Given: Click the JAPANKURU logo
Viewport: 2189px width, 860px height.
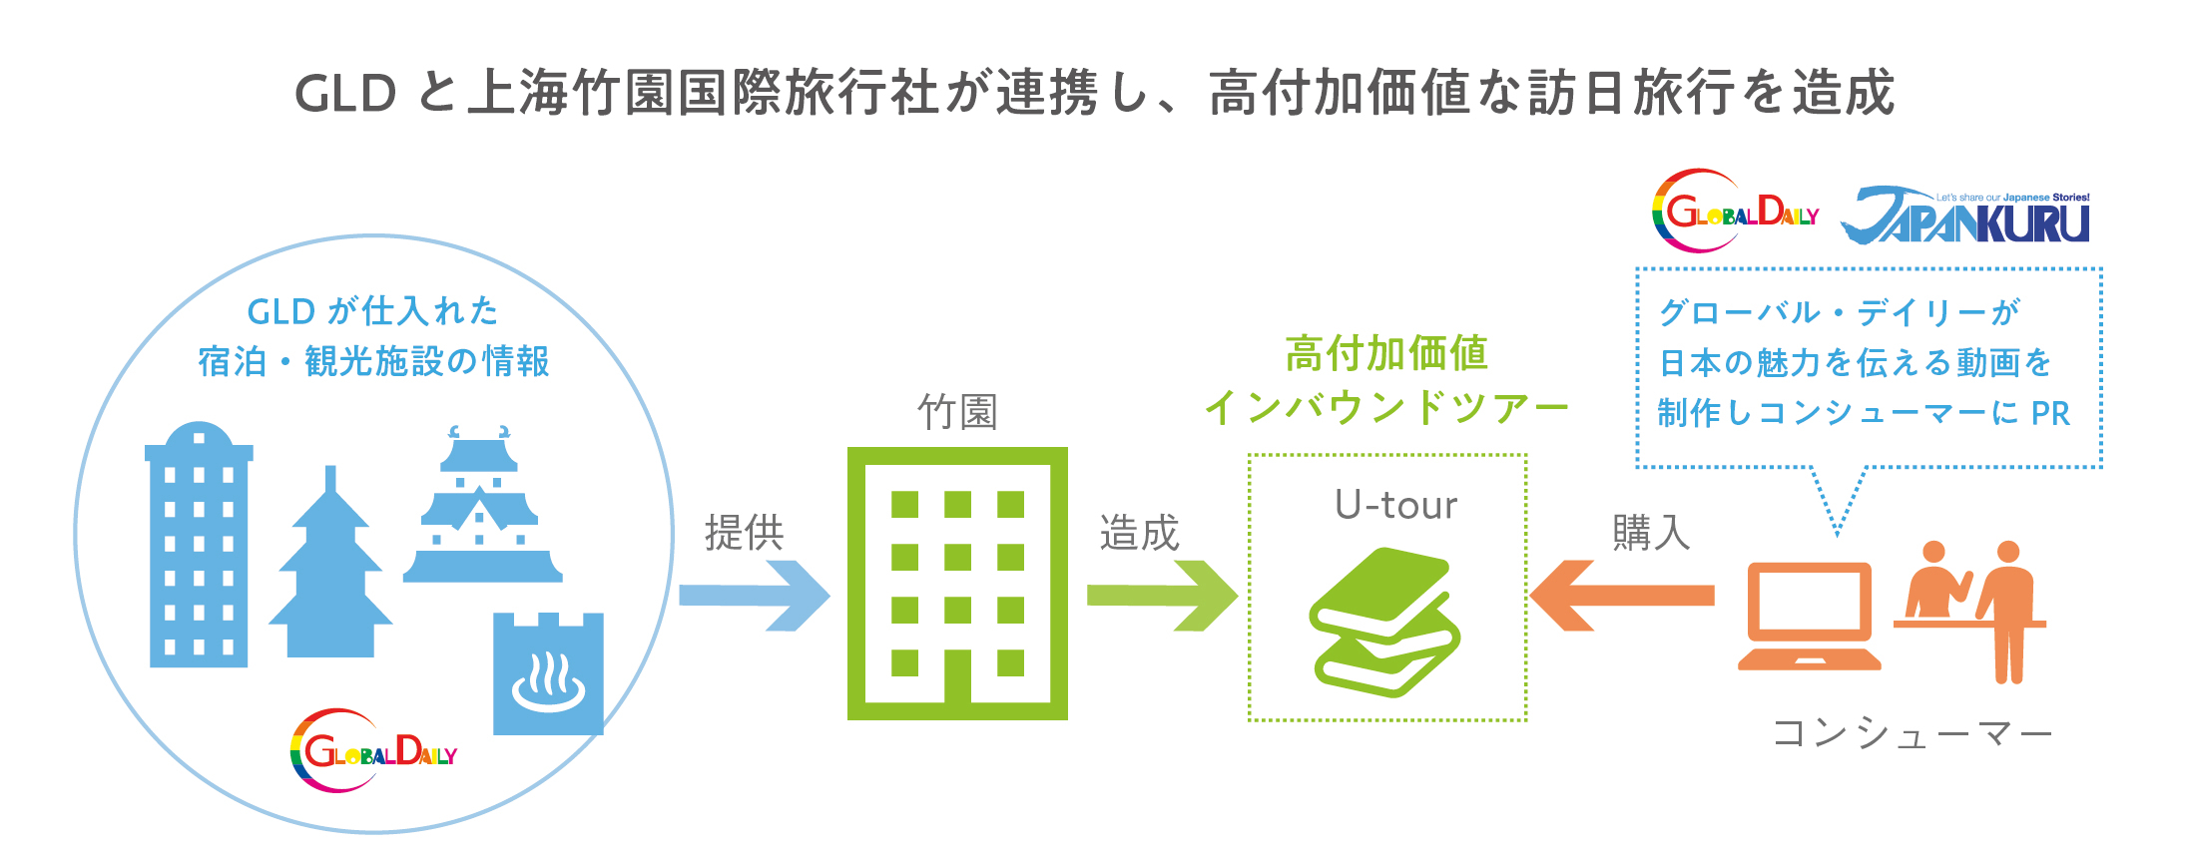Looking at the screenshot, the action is point(1964,215).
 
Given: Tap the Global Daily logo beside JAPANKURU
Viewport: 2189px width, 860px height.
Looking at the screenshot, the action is point(1735,211).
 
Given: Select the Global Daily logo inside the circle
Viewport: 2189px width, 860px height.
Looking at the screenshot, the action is point(373,750).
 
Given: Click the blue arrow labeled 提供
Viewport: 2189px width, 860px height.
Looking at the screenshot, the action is point(754,596).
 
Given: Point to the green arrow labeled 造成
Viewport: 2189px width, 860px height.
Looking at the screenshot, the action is point(1162,596).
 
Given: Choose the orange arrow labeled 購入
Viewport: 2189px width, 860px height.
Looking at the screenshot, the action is point(1622,596).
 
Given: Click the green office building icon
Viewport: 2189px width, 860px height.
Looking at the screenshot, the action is point(957,584).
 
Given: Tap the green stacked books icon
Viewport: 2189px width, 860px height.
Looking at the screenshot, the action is point(1385,622).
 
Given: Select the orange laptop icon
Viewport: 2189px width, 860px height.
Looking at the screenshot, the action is point(1809,616).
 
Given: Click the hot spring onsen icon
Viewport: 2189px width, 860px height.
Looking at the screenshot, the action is point(548,673).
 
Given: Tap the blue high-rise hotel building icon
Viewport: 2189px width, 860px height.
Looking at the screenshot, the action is point(199,545).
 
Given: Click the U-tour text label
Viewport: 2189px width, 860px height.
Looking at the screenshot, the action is point(1395,506).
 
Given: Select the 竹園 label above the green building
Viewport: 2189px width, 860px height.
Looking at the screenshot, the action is point(957,411).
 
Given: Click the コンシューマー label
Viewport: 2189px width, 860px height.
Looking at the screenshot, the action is point(1912,734).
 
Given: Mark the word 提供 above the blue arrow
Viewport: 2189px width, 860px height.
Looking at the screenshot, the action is point(745,533).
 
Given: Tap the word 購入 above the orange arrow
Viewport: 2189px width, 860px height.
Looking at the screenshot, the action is point(1652,533).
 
